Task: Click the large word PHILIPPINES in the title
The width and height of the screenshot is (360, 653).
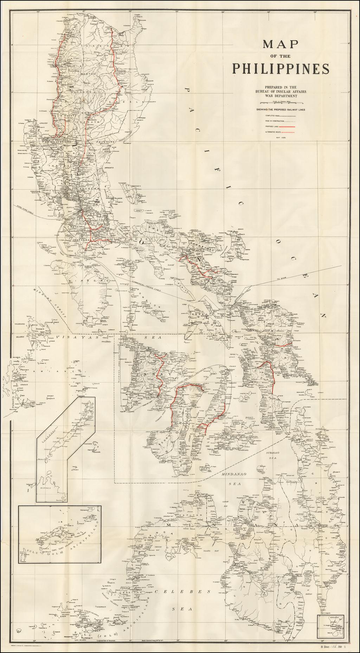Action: (281, 69)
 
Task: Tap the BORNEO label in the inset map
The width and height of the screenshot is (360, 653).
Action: (46, 488)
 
